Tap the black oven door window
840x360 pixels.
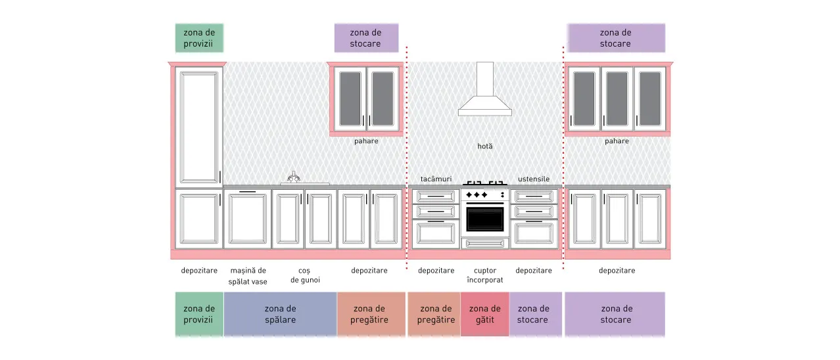pos(485,219)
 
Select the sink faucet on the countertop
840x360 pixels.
pos(294,177)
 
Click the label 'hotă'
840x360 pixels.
pos(485,146)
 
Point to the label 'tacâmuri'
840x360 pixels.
pos(436,179)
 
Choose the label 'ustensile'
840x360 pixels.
pos(534,179)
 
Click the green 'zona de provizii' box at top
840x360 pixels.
pos(199,38)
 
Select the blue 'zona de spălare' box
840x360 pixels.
pos(280,314)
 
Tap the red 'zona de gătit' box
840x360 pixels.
pos(485,314)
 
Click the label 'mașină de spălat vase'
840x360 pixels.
pos(248,276)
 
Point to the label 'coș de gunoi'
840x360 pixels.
pos(305,275)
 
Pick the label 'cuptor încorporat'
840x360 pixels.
pos(485,275)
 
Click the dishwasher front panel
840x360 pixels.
pos(248,219)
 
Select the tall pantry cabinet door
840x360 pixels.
pos(199,127)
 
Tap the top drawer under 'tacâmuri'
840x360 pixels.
pos(436,196)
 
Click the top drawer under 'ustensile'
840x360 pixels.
pos(534,196)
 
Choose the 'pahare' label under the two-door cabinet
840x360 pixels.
pos(366,141)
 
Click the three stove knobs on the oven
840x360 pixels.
pos(477,195)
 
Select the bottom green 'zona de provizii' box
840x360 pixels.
pos(199,314)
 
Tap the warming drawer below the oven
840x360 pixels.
pos(485,244)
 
